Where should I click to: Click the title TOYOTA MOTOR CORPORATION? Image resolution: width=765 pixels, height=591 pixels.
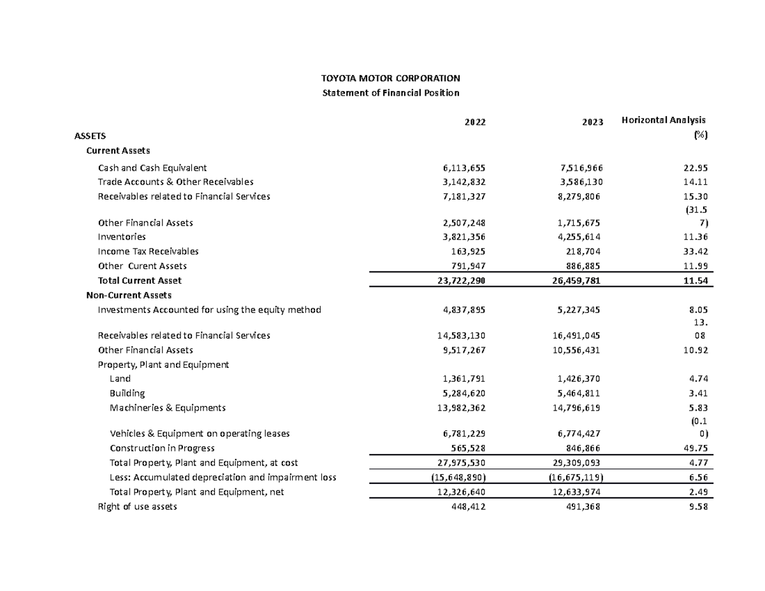(390, 78)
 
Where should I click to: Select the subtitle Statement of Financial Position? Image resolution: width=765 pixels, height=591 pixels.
(390, 93)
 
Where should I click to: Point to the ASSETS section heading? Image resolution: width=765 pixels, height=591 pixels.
(91, 136)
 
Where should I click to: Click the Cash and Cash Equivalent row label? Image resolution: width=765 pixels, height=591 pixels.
(152, 168)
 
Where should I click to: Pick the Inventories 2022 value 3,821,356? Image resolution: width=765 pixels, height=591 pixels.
(464, 237)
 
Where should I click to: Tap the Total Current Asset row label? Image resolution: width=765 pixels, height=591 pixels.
(140, 281)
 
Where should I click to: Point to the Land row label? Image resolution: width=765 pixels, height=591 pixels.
(120, 379)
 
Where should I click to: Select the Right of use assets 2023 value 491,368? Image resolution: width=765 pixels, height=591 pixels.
(585, 507)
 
